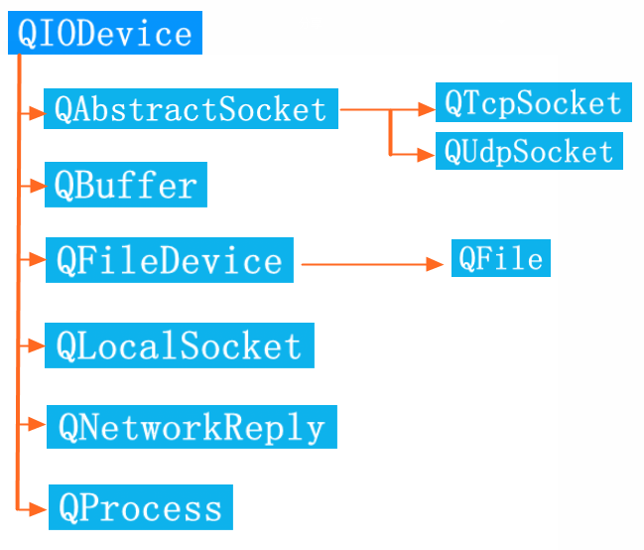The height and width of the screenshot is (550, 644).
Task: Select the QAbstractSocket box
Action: tap(191, 109)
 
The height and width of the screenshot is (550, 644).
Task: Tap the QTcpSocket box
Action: tap(533, 102)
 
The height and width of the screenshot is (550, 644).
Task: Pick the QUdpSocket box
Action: tap(529, 152)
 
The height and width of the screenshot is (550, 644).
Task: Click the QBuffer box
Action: tap(126, 186)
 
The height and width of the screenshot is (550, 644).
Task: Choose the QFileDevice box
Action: tap(169, 260)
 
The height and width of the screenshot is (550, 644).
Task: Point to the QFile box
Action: tap(500, 259)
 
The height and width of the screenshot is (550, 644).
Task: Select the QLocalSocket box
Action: tap(179, 345)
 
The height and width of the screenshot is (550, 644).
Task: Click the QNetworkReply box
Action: tap(191, 427)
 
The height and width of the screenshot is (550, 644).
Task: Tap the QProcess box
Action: tap(140, 508)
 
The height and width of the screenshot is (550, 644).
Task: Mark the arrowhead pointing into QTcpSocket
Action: tap(427, 110)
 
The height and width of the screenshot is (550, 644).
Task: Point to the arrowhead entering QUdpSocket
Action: tap(427, 154)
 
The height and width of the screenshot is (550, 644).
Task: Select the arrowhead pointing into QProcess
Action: tap(40, 508)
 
